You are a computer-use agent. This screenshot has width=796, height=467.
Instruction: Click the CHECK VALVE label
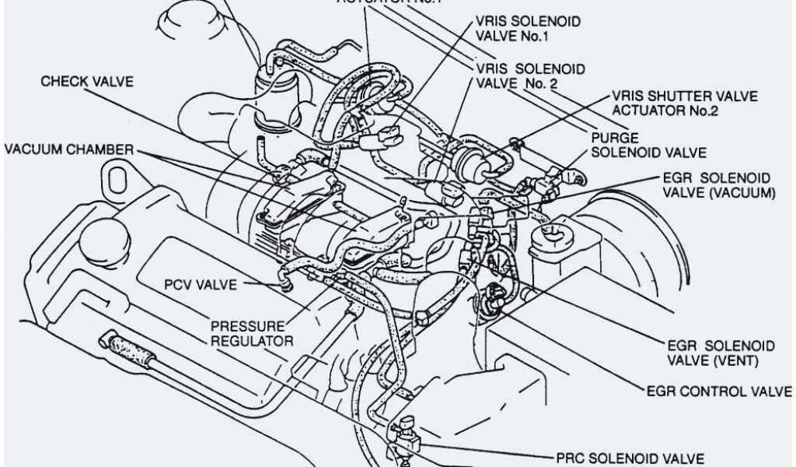coord(86,82)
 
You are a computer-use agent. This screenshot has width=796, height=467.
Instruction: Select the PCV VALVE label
coord(197,285)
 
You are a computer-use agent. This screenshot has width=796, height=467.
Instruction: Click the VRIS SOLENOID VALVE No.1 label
coord(529,29)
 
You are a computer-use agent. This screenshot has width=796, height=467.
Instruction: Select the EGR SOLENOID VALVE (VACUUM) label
coord(717,184)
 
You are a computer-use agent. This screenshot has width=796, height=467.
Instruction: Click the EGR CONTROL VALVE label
coord(718,391)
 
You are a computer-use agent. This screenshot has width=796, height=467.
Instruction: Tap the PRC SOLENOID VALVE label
coord(631,458)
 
